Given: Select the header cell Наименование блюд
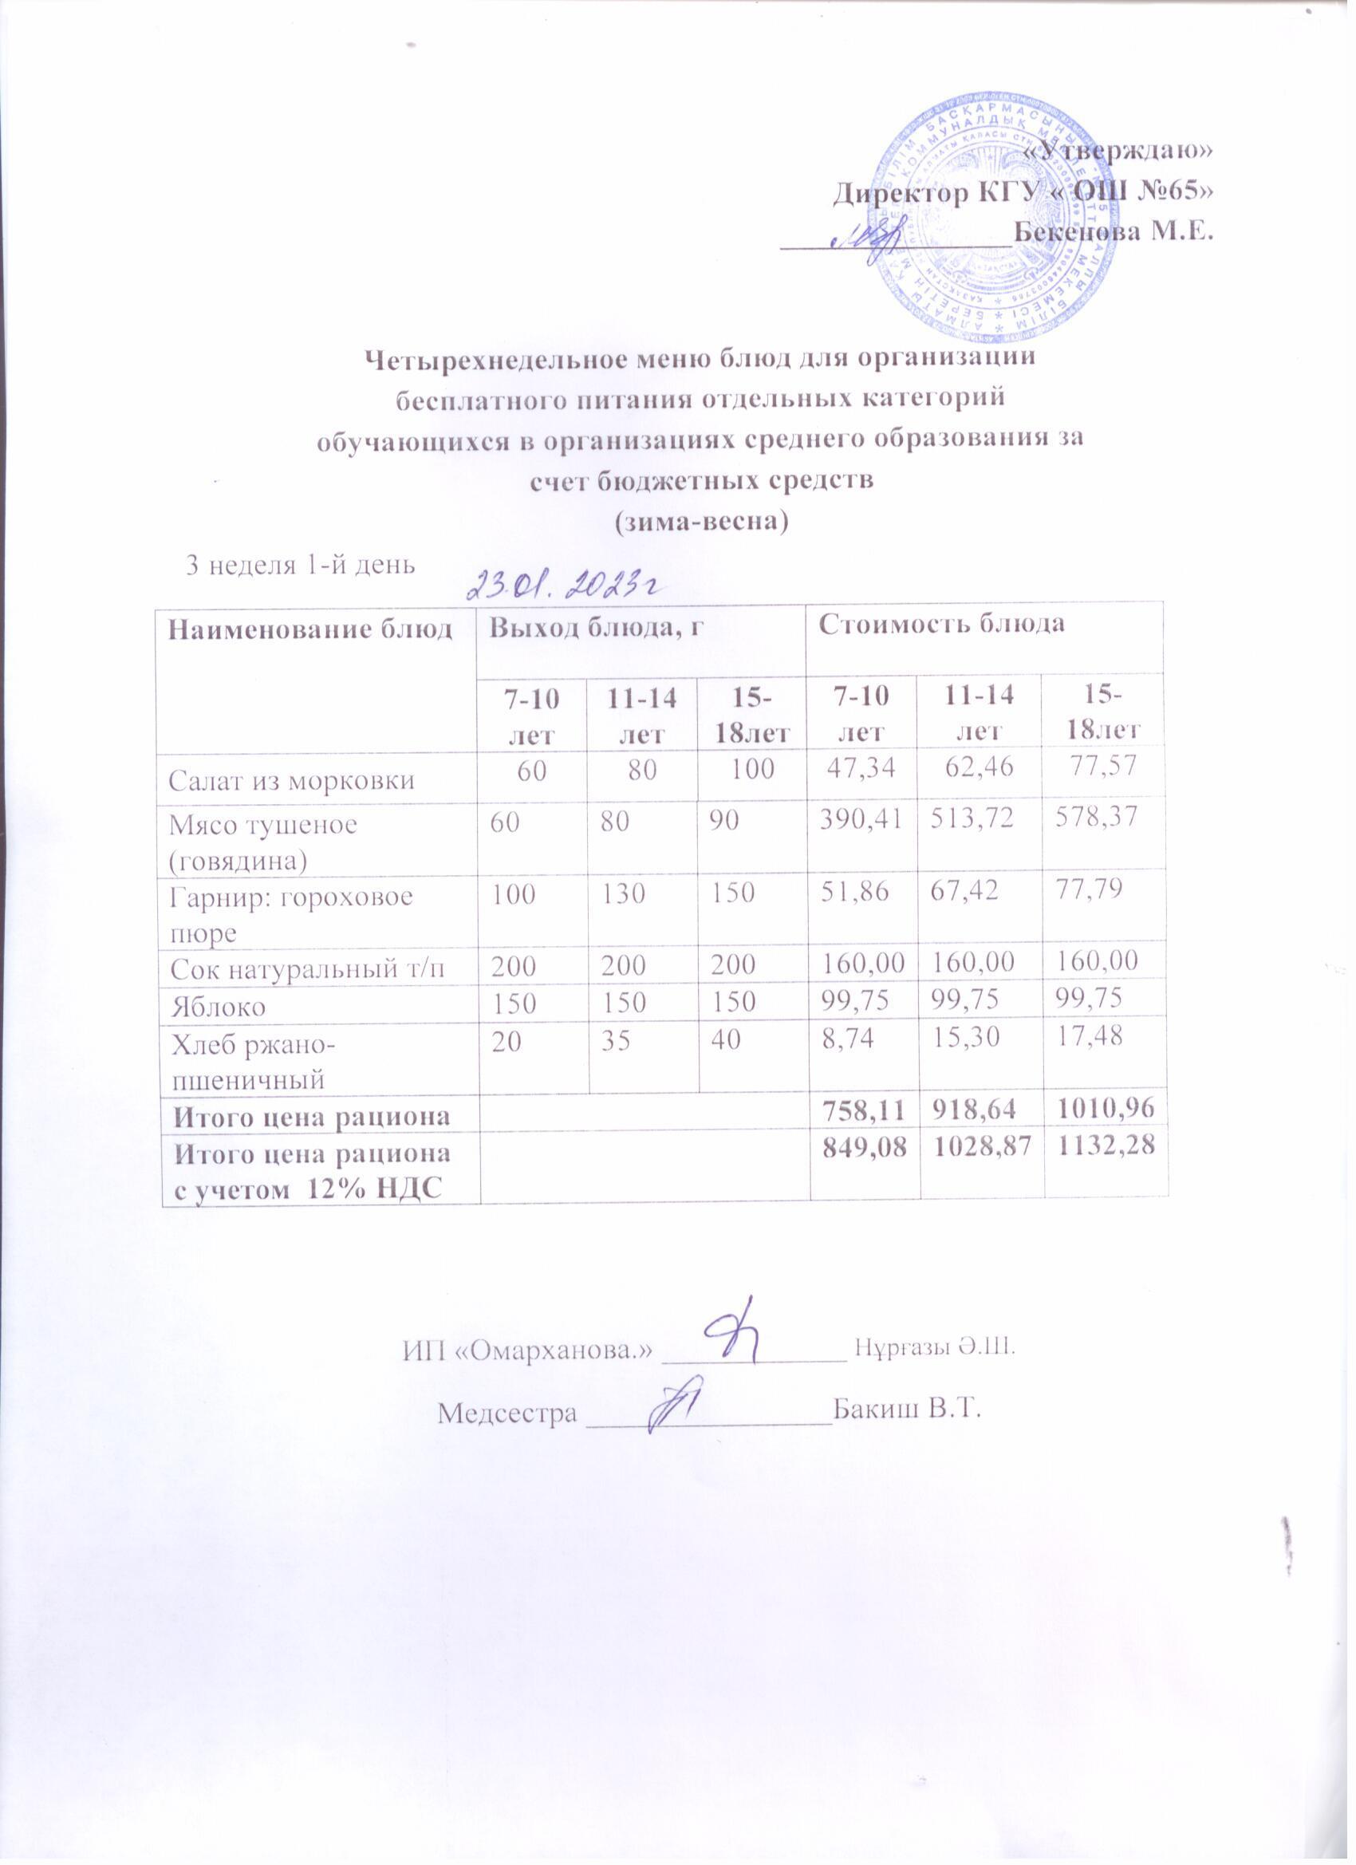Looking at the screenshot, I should click(311, 629).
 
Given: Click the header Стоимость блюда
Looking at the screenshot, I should click(940, 624).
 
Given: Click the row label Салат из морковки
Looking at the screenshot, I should click(291, 779).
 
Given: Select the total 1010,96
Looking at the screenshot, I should click(1104, 1115).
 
